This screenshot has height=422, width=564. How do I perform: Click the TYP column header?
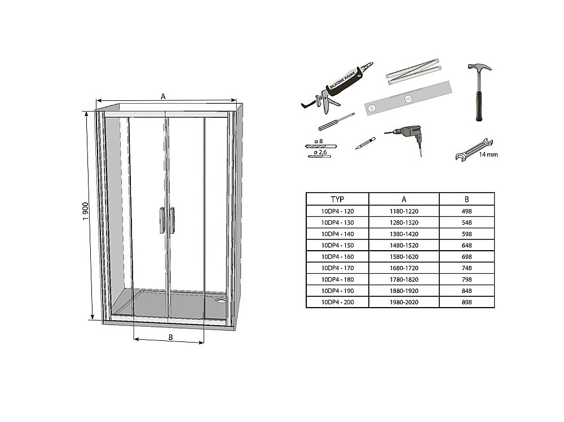337,199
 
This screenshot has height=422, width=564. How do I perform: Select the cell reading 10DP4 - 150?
337,245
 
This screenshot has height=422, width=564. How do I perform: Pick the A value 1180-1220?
404,211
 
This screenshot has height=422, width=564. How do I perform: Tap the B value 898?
466,302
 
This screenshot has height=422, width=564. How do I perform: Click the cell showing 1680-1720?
404,268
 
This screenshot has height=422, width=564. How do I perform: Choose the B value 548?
466,222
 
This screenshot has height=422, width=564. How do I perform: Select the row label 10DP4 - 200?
337,302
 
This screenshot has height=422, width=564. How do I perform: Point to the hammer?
479,90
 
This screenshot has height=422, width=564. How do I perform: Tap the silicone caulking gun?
336,90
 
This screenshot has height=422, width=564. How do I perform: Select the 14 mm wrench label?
488,154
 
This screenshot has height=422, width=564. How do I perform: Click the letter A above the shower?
163,96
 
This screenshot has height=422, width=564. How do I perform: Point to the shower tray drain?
222,301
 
